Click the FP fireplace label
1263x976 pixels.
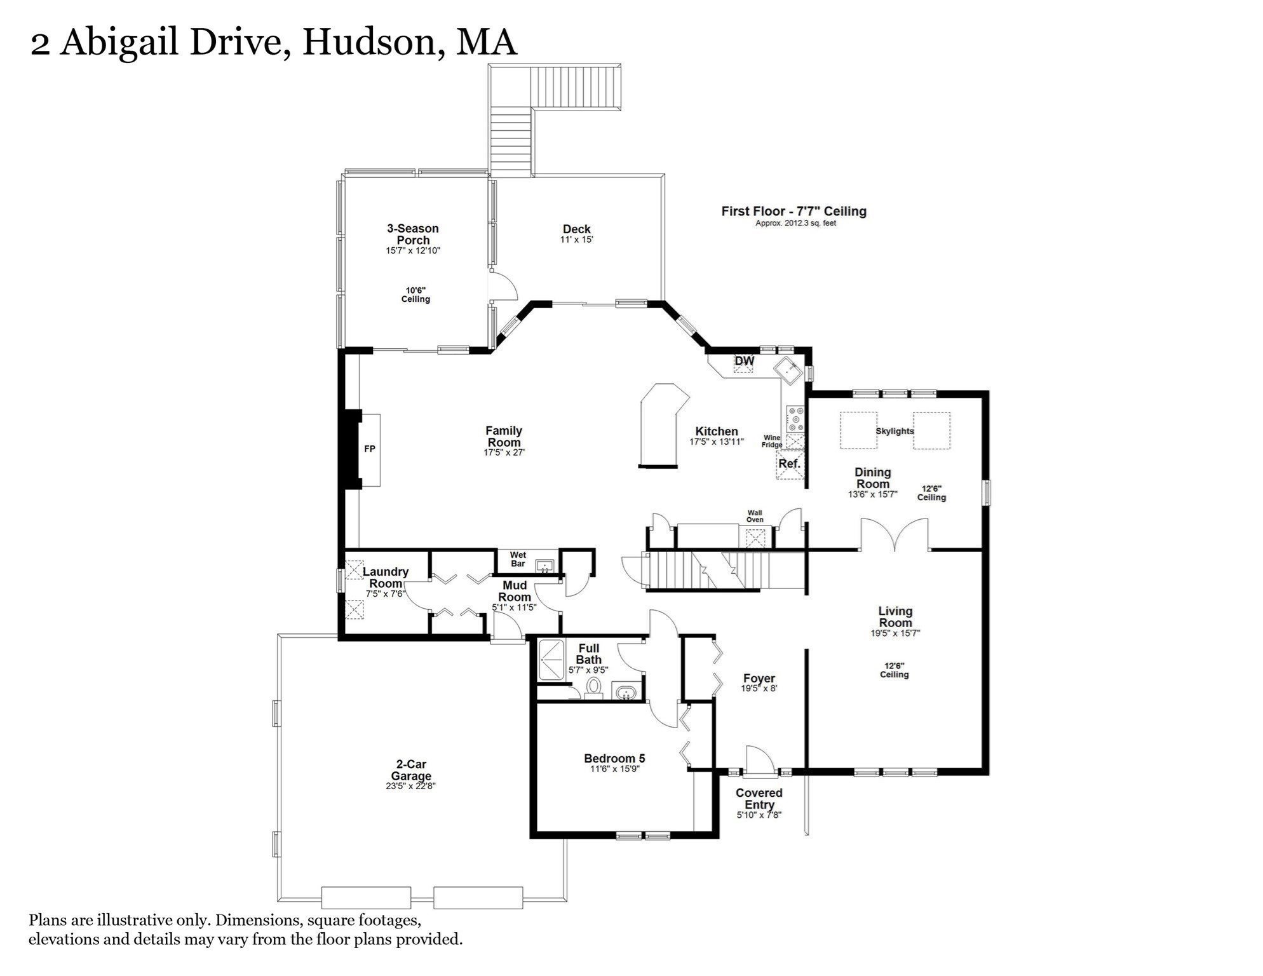click(370, 449)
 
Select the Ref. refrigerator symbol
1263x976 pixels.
click(790, 464)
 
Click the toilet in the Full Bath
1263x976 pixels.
click(594, 688)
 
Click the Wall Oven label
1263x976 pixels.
click(755, 517)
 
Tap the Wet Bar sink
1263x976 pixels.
click(544, 566)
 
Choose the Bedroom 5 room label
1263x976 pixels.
click(614, 759)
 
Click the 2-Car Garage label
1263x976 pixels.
click(411, 770)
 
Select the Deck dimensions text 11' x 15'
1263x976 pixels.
click(577, 240)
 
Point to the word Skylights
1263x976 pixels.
click(895, 431)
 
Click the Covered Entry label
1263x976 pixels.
click(759, 799)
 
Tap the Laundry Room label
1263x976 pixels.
click(386, 578)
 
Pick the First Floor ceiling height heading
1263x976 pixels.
click(794, 212)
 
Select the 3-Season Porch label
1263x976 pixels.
click(413, 234)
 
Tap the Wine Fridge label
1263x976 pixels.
click(772, 442)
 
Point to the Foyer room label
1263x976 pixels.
click(759, 679)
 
